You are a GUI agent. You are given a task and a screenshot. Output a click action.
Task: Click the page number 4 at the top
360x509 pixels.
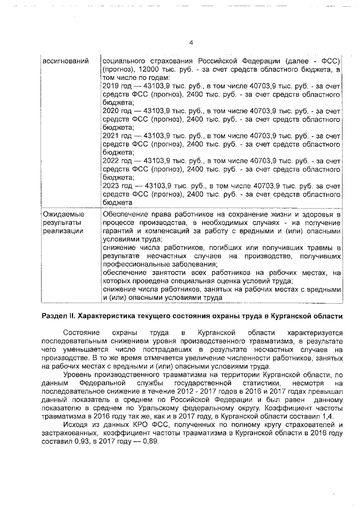tap(191, 42)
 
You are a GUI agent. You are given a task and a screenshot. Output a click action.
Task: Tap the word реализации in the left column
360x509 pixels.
tap(64, 231)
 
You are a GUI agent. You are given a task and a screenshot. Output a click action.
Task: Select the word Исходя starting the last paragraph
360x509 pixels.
tap(76, 425)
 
